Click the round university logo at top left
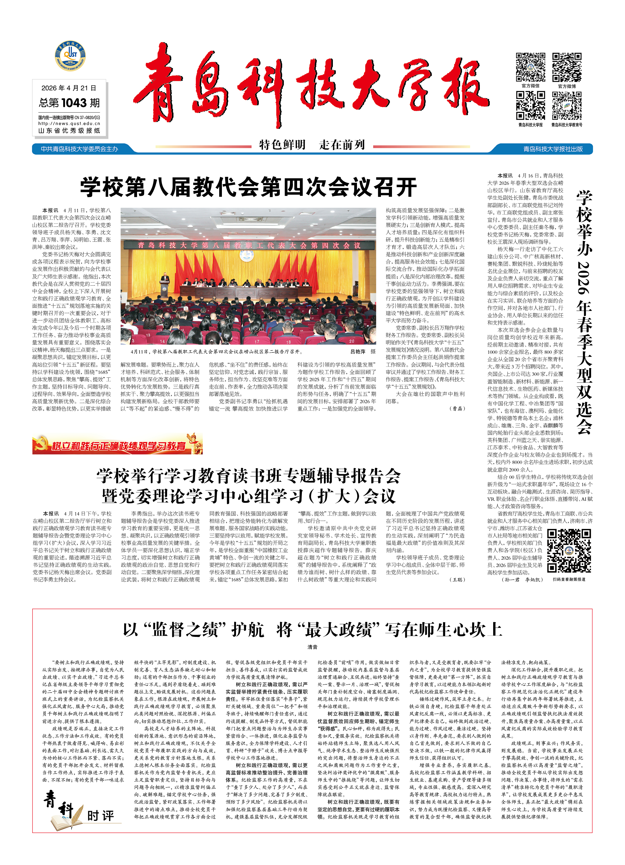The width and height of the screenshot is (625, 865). pyautogui.click(x=70, y=56)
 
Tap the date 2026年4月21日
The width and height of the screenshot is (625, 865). pyautogui.click(x=69, y=88)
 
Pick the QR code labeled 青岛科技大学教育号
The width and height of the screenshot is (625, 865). pyautogui.click(x=567, y=106)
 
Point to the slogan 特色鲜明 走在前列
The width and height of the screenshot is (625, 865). pyautogui.click(x=312, y=145)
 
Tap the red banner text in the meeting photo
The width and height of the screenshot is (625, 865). pyautogui.click(x=249, y=245)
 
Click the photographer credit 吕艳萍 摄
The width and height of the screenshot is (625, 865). pyautogui.click(x=363, y=352)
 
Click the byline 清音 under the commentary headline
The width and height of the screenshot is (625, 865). pyautogui.click(x=312, y=647)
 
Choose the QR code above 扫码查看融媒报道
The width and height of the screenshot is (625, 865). pyautogui.click(x=569, y=550)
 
